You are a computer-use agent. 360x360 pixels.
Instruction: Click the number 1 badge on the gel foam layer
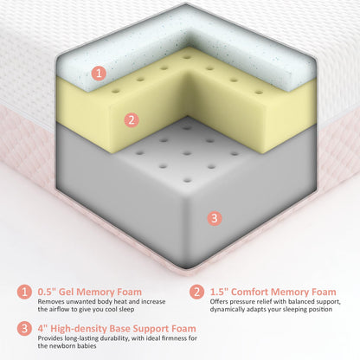click(99, 73)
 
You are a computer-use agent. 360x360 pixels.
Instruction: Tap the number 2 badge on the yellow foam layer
click(132, 119)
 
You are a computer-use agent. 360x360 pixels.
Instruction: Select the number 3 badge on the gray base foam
click(215, 218)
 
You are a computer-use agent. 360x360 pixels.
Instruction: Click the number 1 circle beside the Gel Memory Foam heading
click(24, 292)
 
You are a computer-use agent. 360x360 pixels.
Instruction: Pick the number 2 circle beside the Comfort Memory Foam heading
click(196, 292)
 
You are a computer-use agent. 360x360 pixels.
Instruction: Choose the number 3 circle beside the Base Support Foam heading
click(24, 328)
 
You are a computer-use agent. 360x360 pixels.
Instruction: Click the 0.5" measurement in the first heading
click(47, 292)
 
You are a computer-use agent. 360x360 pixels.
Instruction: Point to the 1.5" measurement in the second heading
click(219, 292)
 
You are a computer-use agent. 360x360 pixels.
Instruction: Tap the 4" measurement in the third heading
click(42, 328)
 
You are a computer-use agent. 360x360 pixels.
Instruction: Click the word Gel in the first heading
click(66, 292)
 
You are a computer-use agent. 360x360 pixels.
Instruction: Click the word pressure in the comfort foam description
click(243, 302)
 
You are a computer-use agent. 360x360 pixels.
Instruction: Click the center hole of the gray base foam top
click(187, 153)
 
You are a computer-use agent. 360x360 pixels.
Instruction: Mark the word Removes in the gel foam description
click(51, 302)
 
